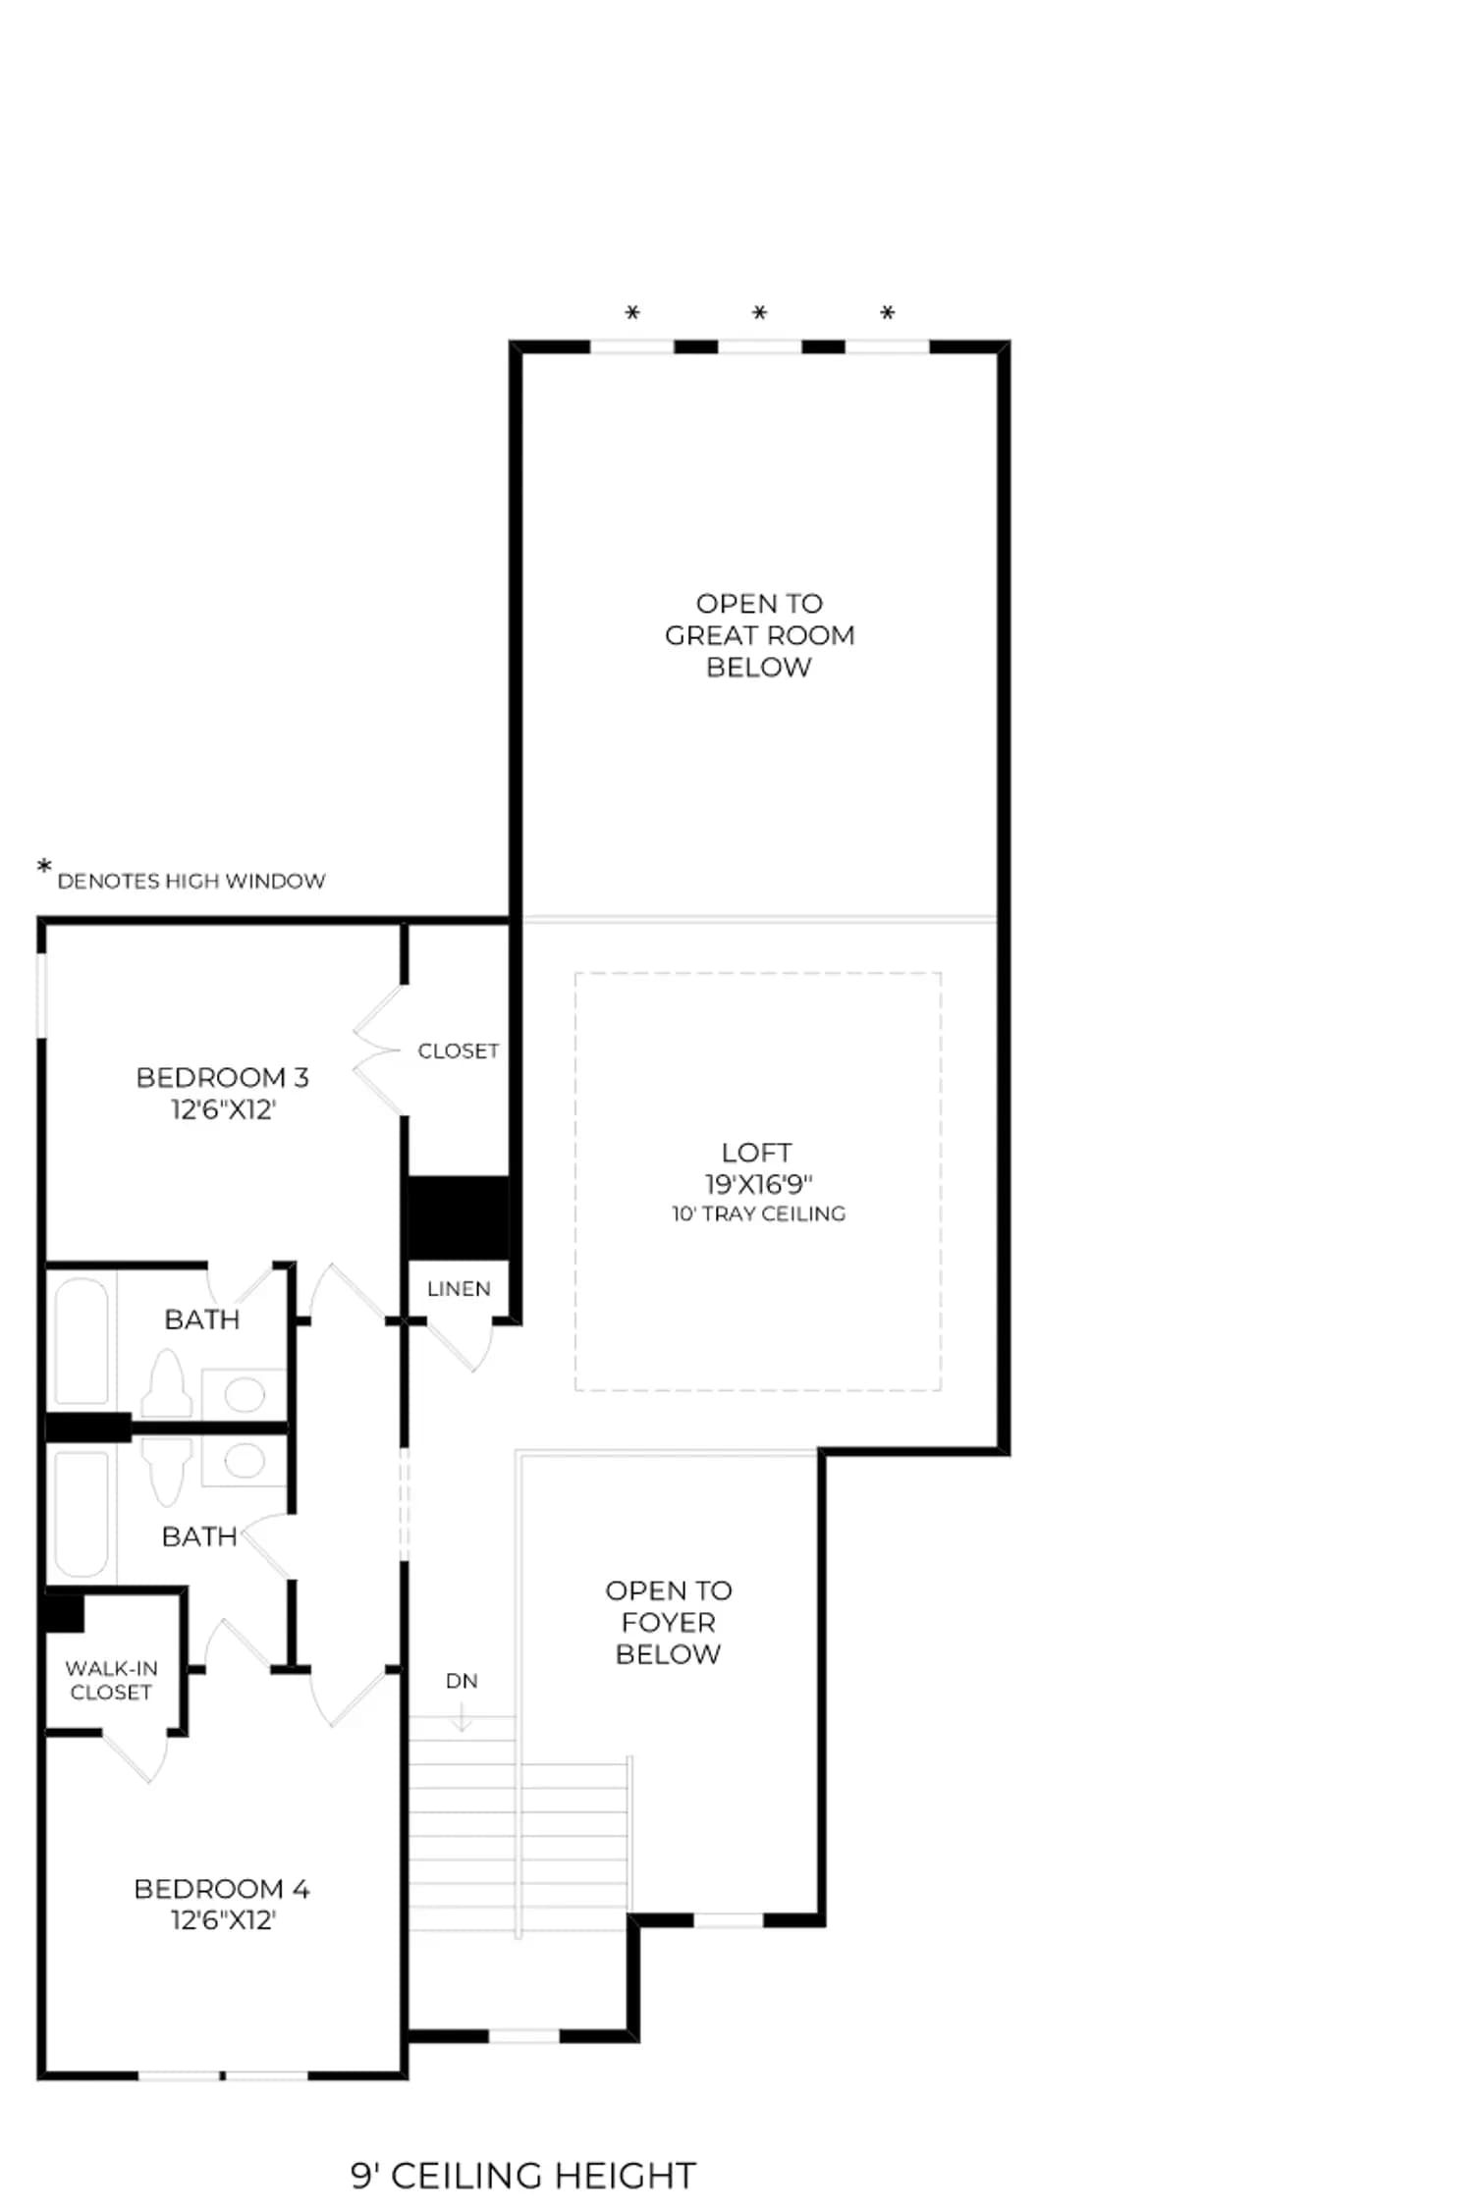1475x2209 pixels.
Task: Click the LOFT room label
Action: [756, 1153]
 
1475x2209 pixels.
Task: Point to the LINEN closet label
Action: [459, 1289]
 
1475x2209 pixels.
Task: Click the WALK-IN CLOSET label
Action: [111, 1680]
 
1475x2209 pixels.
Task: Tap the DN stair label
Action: [462, 1681]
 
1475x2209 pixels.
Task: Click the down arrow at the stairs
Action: [462, 1714]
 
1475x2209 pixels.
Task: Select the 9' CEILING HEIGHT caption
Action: [523, 2176]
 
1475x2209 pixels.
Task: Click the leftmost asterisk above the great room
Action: [632, 313]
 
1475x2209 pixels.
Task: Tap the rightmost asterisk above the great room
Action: [887, 313]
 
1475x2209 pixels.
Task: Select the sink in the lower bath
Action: [245, 1461]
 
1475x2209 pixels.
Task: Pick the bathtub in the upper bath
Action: [82, 1341]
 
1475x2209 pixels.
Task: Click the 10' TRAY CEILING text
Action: [758, 1214]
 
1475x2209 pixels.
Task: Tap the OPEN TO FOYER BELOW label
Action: [669, 1622]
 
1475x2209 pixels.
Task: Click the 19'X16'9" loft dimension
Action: [758, 1184]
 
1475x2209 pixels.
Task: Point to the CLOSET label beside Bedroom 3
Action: [459, 1051]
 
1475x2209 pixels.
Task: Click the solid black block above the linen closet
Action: [459, 1217]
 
